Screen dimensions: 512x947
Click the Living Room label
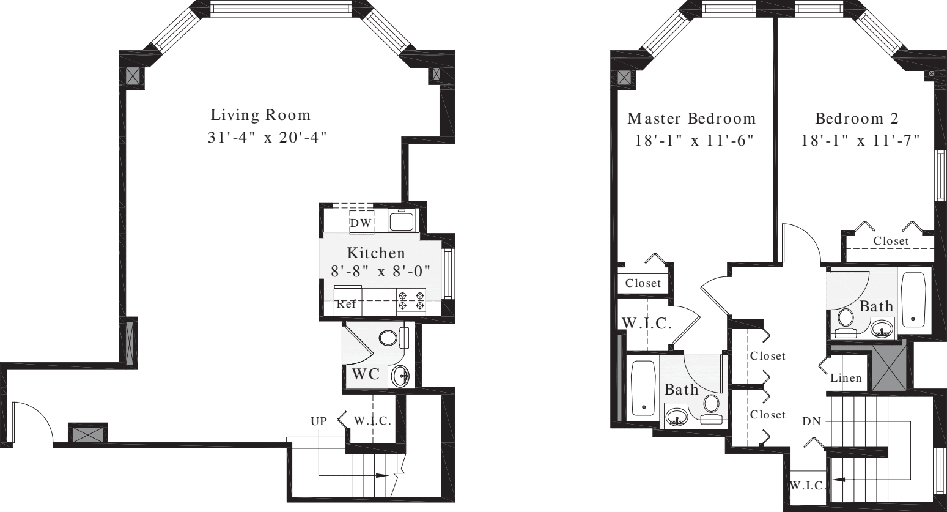tap(260, 115)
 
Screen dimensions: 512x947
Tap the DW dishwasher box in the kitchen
tap(361, 223)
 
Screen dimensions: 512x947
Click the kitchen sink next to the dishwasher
tap(402, 220)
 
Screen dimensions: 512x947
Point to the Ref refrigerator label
tap(346, 304)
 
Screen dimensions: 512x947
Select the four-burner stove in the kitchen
tap(411, 300)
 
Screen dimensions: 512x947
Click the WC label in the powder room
tap(366, 374)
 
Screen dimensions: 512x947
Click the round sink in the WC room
tap(400, 375)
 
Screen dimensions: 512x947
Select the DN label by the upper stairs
tap(812, 422)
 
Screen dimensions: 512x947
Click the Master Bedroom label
tap(691, 118)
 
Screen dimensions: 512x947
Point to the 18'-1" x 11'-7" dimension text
tap(861, 141)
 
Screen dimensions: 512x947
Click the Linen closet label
tap(846, 378)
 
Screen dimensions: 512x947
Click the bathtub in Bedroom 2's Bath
tap(913, 300)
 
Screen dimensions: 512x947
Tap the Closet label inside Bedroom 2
tap(891, 241)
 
